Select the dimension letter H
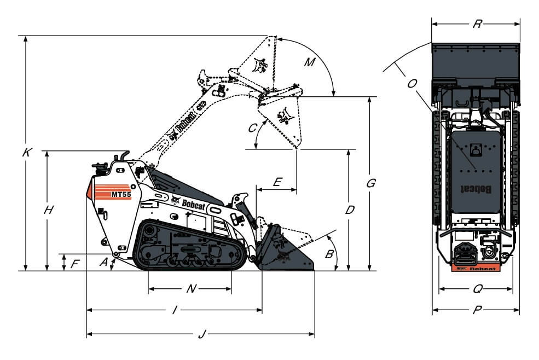point(49,210)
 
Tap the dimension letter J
point(201,334)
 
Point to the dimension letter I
point(174,310)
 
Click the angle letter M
point(310,62)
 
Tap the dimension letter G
point(370,184)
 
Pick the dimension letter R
point(477,24)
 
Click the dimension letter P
point(477,310)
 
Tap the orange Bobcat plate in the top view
point(475,268)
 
